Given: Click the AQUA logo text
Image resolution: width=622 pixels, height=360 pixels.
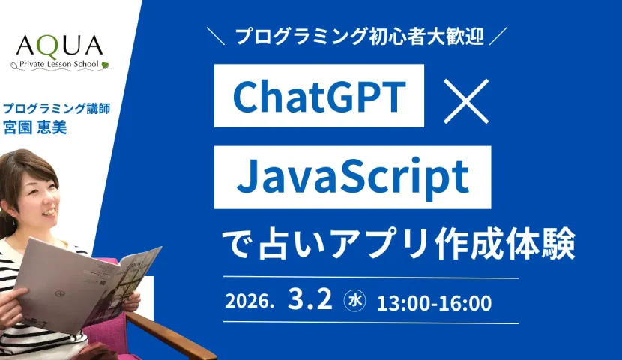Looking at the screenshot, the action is [59, 46].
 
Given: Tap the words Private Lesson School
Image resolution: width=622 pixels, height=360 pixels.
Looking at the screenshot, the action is [58, 64].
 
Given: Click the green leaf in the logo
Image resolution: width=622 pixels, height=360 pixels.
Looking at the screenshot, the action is [105, 64].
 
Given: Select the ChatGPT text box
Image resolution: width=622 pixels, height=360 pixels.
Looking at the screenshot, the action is [319, 96].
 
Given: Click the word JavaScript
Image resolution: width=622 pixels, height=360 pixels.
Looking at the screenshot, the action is [353, 177].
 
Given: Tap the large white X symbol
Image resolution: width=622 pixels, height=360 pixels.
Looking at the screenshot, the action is [465, 100].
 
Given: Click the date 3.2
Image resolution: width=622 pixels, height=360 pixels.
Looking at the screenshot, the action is [310, 299].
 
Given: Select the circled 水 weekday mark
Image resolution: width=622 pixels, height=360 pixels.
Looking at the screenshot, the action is [354, 301].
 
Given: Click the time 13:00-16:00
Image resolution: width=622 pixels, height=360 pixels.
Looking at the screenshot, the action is [434, 303].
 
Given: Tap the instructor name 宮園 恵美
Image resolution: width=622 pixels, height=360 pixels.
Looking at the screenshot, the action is [35, 127].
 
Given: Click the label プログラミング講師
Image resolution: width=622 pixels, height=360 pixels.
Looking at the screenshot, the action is [57, 108].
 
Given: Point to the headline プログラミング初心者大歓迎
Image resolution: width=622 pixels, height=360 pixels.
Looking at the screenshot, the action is [360, 37].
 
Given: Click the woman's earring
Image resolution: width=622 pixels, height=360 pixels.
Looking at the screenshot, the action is [14, 220].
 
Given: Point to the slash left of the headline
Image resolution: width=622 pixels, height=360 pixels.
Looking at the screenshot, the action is [216, 37].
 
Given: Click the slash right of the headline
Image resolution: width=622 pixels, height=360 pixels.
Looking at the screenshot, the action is [498, 36].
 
